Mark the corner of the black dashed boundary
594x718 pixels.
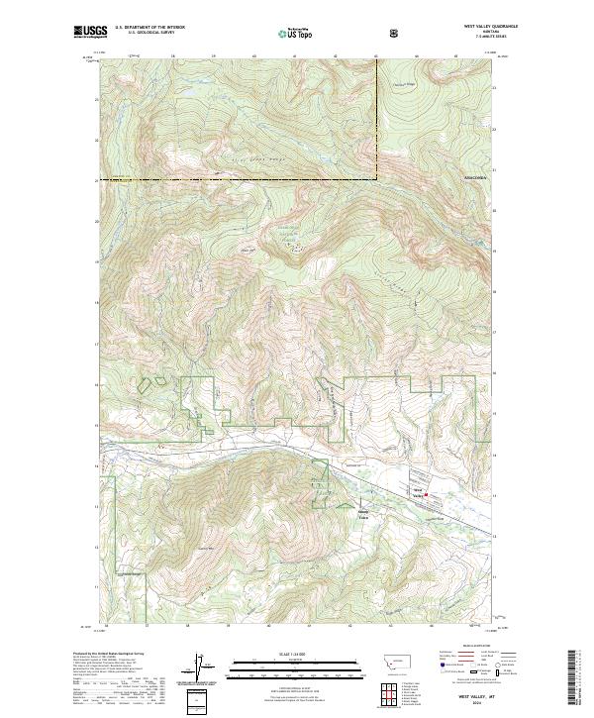(377, 179)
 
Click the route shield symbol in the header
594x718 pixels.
(395, 33)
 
